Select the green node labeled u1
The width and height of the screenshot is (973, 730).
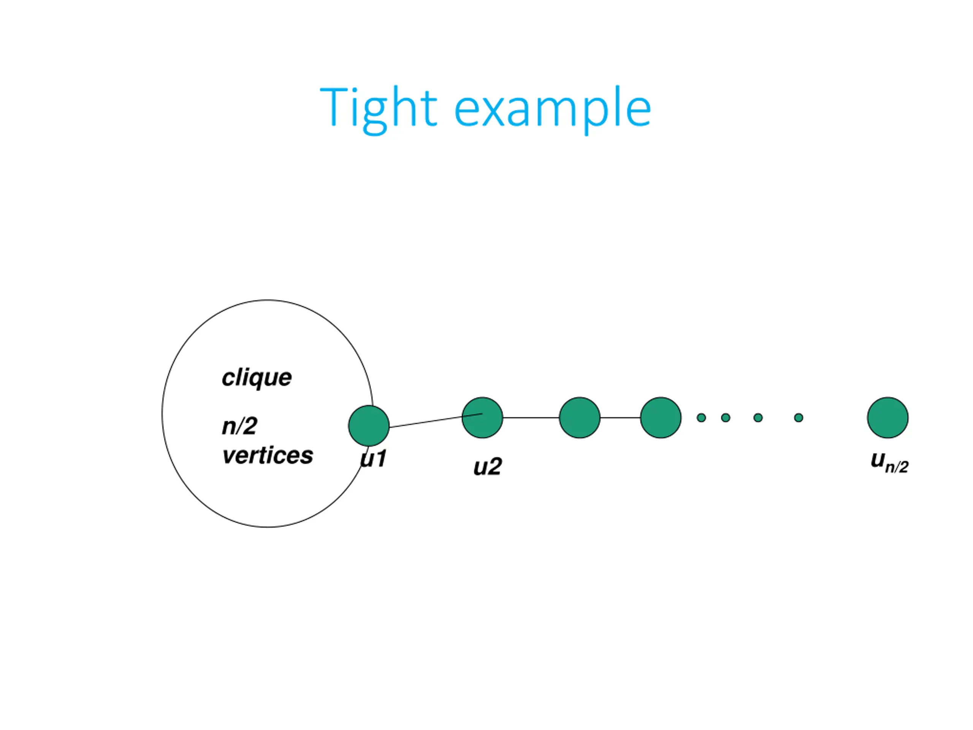[369, 425]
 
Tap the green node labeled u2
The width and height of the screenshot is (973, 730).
[482, 417]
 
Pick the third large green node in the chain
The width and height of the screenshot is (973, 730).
[579, 417]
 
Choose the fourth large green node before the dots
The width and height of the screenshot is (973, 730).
[660, 417]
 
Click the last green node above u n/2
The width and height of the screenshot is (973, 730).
[887, 417]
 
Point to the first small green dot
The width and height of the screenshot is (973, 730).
[701, 417]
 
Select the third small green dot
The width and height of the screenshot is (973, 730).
[758, 417]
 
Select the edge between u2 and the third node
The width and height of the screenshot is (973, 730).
[531, 417]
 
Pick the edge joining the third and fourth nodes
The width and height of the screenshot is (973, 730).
[620, 417]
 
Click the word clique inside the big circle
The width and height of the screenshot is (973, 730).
[257, 378]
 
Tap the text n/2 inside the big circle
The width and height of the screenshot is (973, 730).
[239, 425]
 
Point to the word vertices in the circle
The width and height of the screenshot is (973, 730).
[268, 455]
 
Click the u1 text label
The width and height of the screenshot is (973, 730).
[374, 459]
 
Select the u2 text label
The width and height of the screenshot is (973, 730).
[487, 467]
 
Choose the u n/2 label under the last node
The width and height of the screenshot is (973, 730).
[889, 462]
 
